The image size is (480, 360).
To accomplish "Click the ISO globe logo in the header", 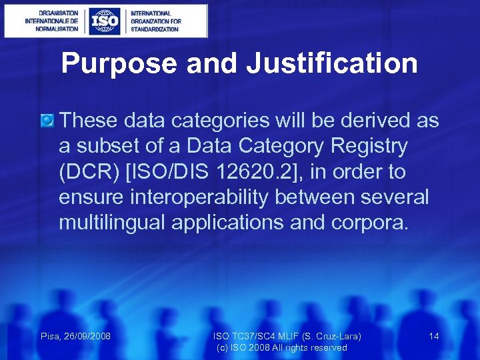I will point(105,21).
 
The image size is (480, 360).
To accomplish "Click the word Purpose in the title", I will point(119,64).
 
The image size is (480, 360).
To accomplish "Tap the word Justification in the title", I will point(331,64).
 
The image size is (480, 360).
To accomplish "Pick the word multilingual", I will point(112,223).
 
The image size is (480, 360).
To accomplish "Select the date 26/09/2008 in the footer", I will point(87,336).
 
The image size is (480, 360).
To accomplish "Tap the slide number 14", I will point(434,336).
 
